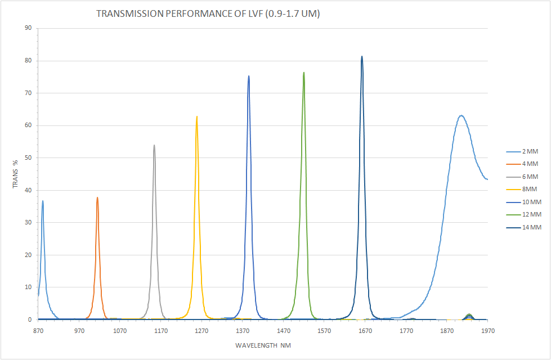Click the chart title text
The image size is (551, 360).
point(208,14)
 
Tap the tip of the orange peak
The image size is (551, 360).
point(97,197)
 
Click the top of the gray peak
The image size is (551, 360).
point(154,145)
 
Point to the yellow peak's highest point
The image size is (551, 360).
point(196,116)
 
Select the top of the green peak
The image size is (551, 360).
point(304,73)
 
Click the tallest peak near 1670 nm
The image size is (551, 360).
point(362,56)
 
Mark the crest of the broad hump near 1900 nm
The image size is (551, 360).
point(462,115)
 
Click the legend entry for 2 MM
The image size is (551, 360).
point(523,152)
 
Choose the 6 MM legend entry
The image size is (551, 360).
point(523,177)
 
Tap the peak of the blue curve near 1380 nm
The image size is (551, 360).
point(249,76)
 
